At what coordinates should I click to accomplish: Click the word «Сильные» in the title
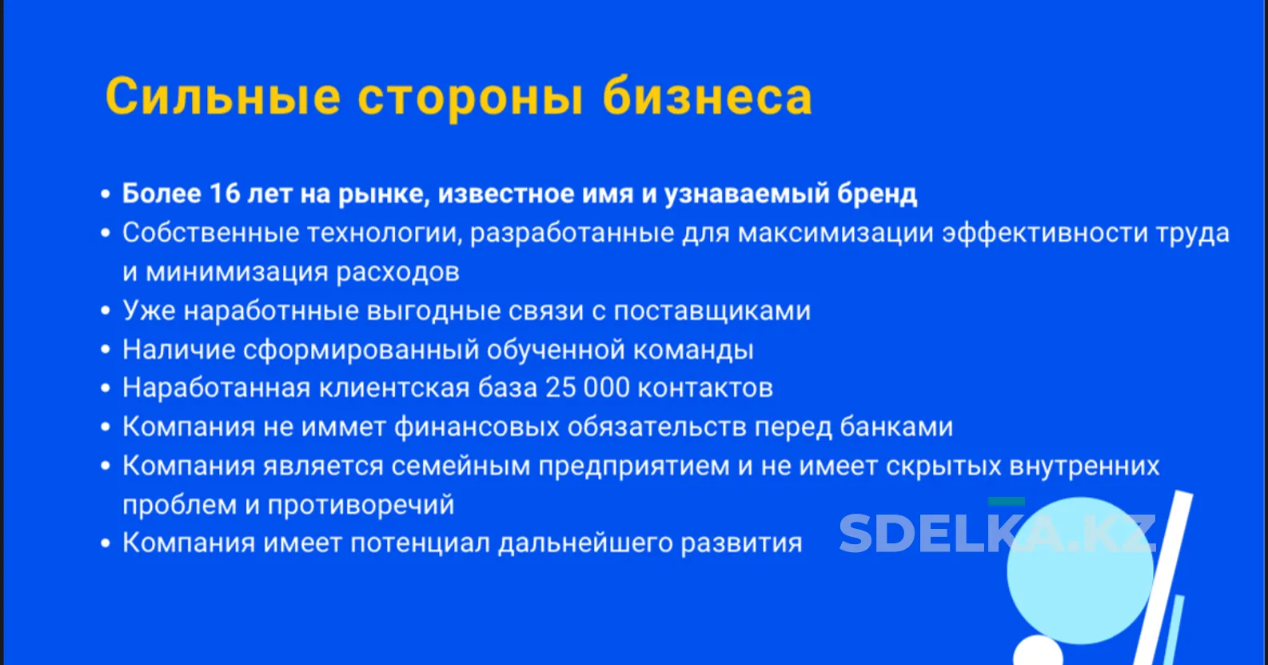tap(223, 97)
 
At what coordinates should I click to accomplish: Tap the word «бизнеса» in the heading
tap(707, 96)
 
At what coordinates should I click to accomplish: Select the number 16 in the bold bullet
tap(225, 194)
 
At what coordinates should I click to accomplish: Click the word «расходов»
tap(397, 272)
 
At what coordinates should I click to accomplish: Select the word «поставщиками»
tap(712, 311)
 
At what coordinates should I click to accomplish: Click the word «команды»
tap(693, 350)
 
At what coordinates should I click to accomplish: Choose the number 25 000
tap(588, 388)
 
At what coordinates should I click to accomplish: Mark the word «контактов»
tap(705, 389)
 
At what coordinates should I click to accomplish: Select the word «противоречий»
tap(361, 505)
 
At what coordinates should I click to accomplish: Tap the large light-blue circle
tap(1081, 571)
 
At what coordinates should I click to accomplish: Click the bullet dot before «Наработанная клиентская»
tap(106, 389)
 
